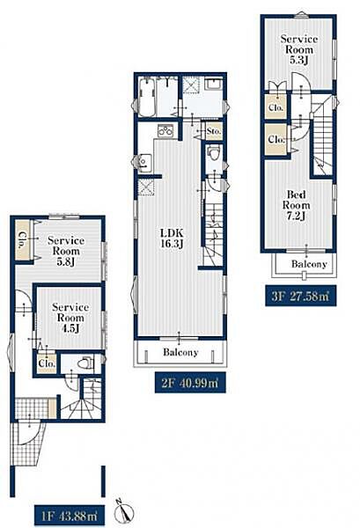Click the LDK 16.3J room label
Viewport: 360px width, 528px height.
point(172,238)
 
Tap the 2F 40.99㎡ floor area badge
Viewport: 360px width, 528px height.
point(190,383)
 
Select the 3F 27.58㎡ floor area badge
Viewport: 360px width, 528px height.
point(300,296)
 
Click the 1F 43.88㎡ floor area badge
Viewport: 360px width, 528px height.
point(70,516)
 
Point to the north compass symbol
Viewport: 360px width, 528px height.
point(124,511)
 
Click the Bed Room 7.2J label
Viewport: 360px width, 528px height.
point(297,205)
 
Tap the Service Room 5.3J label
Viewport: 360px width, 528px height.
point(299,49)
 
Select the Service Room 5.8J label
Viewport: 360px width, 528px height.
point(66,251)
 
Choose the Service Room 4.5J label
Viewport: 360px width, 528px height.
point(70,318)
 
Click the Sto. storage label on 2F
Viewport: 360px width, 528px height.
point(214,130)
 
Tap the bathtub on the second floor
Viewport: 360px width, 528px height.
point(147,97)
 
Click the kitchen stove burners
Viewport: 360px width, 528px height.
point(165,130)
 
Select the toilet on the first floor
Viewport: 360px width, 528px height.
point(85,363)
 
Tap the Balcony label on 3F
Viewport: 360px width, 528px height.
point(309,264)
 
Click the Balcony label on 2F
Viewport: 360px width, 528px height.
point(180,352)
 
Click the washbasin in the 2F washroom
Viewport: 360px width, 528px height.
point(213,84)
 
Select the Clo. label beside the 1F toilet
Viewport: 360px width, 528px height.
point(47,363)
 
